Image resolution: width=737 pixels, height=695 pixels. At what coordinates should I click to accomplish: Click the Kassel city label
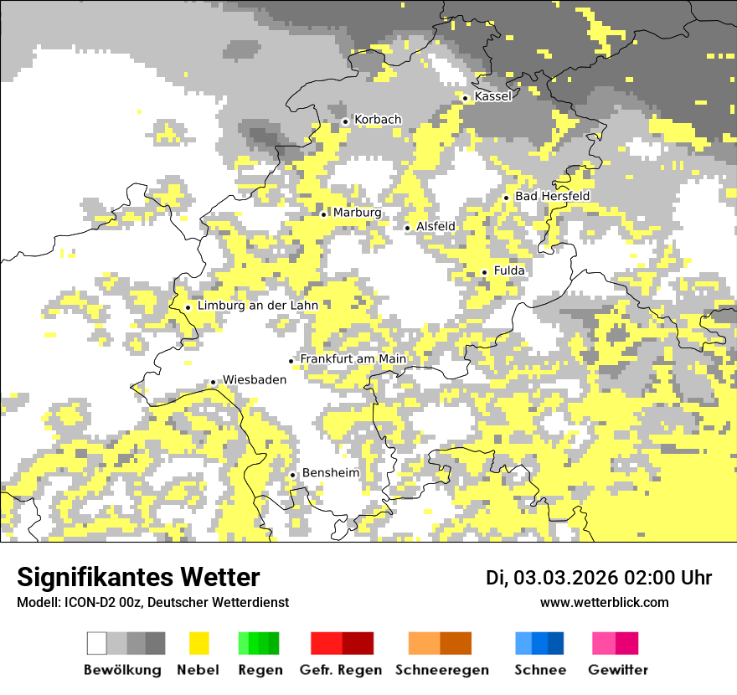pos(492,97)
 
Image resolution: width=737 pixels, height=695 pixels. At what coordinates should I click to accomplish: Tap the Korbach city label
pos(378,121)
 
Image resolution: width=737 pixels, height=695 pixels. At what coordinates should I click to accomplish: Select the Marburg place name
pos(357,214)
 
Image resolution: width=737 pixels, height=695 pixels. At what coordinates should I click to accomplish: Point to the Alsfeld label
pos(435,227)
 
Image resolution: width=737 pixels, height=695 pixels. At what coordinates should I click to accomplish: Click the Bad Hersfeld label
pos(552,197)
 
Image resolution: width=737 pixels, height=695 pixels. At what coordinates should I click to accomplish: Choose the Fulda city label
pos(509,271)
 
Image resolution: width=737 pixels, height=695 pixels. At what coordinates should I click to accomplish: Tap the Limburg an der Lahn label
pos(258,306)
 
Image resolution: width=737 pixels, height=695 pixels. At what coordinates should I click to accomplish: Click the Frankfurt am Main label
pos(353,359)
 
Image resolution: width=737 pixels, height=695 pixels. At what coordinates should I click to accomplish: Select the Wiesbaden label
pos(254,380)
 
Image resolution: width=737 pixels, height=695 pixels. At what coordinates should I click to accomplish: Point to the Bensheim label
pos(330,473)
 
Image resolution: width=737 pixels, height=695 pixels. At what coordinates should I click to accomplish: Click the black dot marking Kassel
pos(465,98)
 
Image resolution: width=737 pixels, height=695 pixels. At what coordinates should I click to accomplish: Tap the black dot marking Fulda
pos(484,272)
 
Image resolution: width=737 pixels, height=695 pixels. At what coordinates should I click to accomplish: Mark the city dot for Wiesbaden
pos(213,382)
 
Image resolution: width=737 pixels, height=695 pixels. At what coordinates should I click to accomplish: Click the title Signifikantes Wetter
pos(138,578)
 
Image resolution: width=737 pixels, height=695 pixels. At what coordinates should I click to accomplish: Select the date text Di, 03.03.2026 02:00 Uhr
pos(599,578)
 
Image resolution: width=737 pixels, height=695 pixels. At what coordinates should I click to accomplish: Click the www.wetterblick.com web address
pos(604,603)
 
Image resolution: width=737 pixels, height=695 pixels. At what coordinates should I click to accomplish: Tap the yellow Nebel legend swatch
pos(199,643)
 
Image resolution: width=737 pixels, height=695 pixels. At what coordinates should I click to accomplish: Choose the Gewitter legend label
pos(617,670)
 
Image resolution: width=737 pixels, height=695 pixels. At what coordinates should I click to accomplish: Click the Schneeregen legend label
pos(441,670)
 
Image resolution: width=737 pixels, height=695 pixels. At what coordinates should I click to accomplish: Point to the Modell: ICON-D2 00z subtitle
pos(152,603)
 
